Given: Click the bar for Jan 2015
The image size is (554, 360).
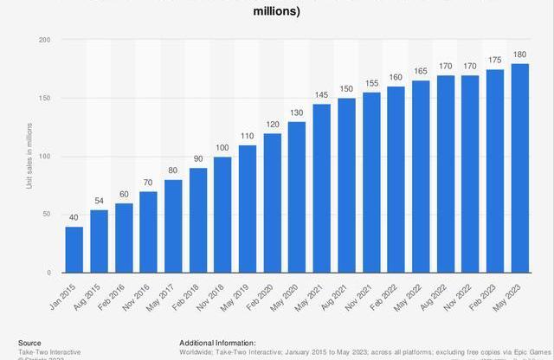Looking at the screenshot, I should (x=74, y=249).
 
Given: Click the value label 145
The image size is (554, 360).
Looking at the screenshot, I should (x=321, y=96).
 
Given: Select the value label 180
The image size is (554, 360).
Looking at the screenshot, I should (x=519, y=55).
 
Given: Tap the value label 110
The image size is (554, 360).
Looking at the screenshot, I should (x=248, y=137).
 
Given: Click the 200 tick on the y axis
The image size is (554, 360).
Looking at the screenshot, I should (x=44, y=40).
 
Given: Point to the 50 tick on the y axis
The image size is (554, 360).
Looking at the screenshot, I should (x=46, y=215).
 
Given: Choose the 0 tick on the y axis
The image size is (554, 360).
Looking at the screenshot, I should (x=48, y=273).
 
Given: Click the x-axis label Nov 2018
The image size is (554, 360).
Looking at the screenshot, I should (x=214, y=294).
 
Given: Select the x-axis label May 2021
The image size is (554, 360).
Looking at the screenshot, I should (x=312, y=294).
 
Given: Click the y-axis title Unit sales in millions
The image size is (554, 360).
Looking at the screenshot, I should (x=29, y=157).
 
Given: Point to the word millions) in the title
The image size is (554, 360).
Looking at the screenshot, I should (x=277, y=11).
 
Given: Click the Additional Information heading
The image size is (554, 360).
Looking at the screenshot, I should (x=217, y=343).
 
